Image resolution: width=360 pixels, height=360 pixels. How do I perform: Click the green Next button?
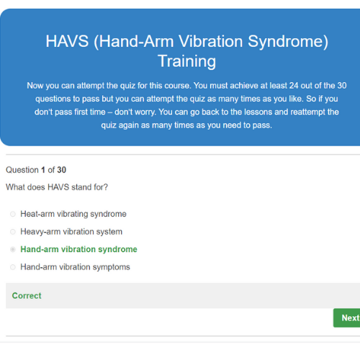347,318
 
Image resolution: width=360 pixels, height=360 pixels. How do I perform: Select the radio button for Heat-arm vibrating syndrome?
13,214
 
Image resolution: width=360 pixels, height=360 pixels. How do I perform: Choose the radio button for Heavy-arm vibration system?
13,232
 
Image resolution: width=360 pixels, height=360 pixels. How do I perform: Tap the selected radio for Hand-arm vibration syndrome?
13,249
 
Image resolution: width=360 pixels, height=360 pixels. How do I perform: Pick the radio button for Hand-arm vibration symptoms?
13,267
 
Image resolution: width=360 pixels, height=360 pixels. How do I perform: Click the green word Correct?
27,296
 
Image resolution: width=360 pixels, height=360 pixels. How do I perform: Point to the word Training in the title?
187,61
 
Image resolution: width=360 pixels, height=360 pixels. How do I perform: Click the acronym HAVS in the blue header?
67,41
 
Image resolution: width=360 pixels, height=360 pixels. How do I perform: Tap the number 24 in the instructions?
294,86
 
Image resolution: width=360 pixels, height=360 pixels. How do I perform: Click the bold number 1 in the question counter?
43,170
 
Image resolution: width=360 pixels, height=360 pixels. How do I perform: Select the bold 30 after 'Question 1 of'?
61,170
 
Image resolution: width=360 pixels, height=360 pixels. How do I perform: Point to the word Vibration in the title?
211,41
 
